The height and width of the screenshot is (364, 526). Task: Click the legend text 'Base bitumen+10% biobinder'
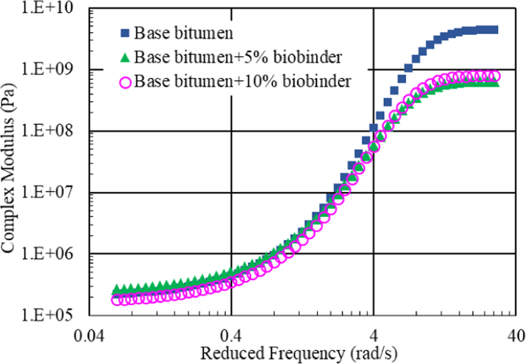[x=242, y=81]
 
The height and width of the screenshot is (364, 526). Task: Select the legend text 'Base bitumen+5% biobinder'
[x=238, y=57]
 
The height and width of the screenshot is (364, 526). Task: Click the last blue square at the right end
[x=494, y=29]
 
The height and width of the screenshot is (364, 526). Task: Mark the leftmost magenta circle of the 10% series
[x=117, y=300]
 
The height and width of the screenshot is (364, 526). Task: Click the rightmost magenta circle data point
[x=495, y=77]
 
